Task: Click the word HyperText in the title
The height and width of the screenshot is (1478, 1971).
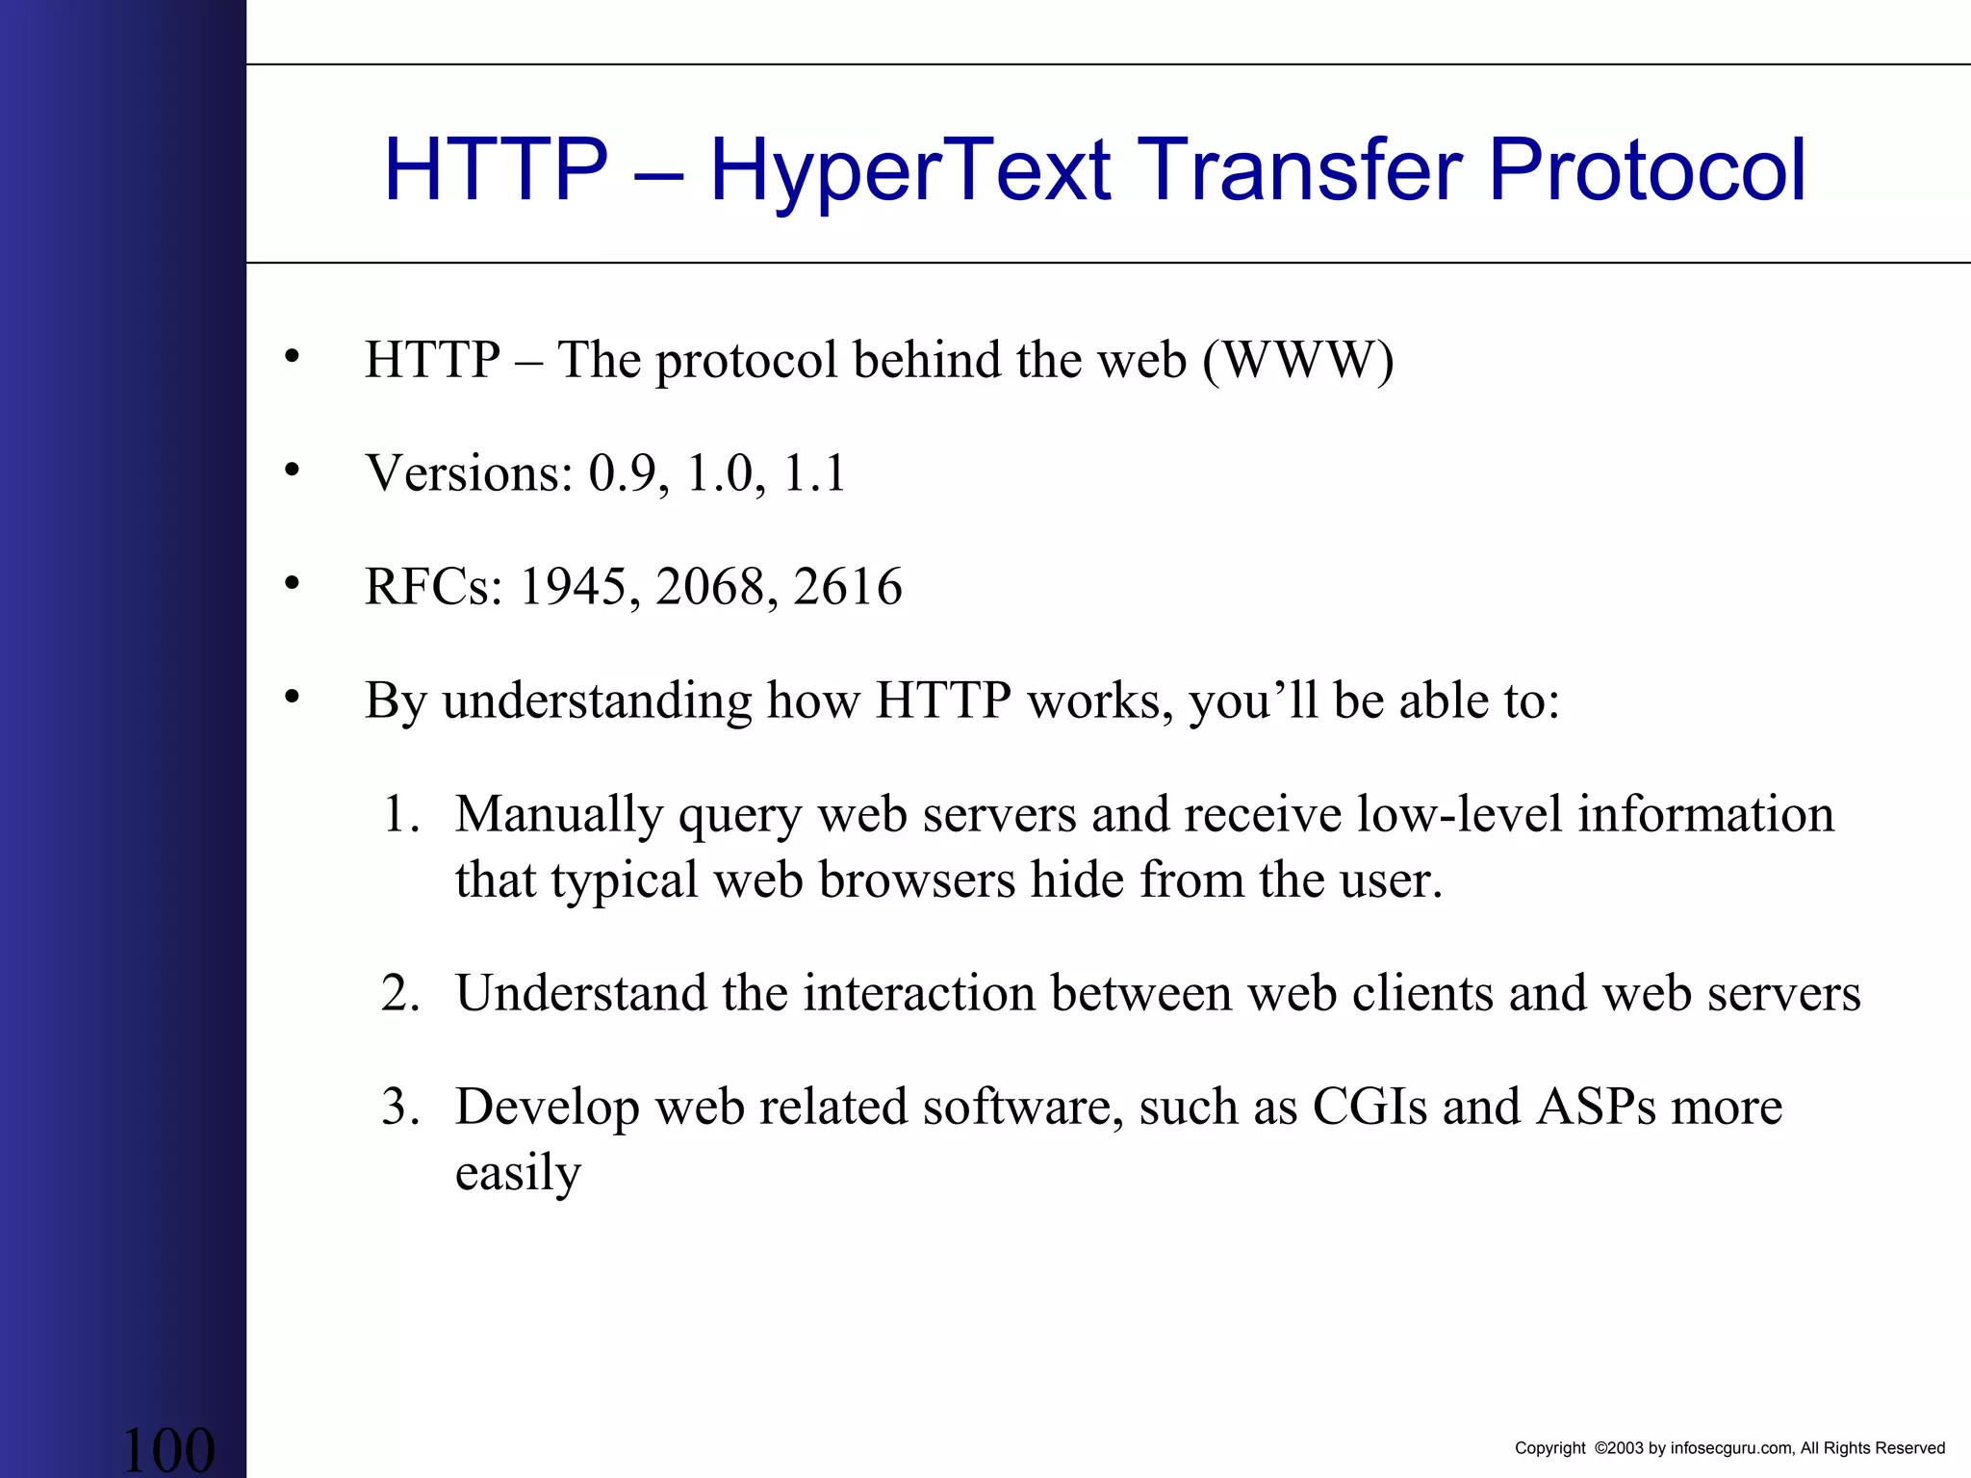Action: tap(909, 171)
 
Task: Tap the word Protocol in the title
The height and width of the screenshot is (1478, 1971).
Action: tap(1647, 171)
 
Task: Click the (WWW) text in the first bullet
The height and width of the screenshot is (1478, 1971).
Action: tap(1297, 361)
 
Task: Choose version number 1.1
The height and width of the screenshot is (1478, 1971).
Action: tap(814, 473)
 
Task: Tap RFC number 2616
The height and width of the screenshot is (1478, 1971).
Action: tap(848, 587)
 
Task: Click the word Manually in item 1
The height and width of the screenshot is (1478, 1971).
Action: tap(559, 815)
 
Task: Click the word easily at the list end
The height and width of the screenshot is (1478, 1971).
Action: tap(518, 1173)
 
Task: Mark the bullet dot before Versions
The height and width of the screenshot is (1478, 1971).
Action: tap(293, 471)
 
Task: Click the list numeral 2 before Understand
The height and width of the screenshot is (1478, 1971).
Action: tap(396, 993)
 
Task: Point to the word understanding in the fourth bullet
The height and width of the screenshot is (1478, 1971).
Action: tap(597, 701)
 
